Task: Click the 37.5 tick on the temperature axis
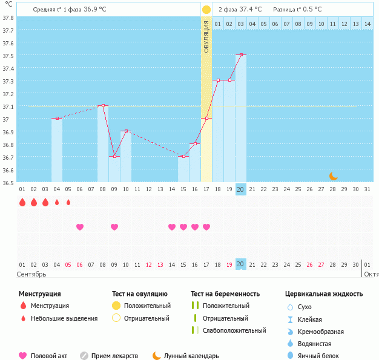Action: (8, 56)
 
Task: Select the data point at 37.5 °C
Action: (241, 55)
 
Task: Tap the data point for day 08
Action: (103, 106)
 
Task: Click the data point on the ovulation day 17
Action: (206, 119)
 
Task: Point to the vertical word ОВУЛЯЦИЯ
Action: (206, 36)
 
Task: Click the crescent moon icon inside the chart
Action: (334, 175)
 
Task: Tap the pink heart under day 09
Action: (114, 227)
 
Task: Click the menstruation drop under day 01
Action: (22, 202)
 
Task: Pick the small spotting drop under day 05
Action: (68, 202)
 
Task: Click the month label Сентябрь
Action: (31, 274)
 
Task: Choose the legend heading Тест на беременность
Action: (225, 294)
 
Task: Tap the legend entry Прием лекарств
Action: (114, 356)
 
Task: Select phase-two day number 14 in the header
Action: (367, 24)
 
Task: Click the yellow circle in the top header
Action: (206, 10)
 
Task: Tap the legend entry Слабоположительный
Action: (234, 330)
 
